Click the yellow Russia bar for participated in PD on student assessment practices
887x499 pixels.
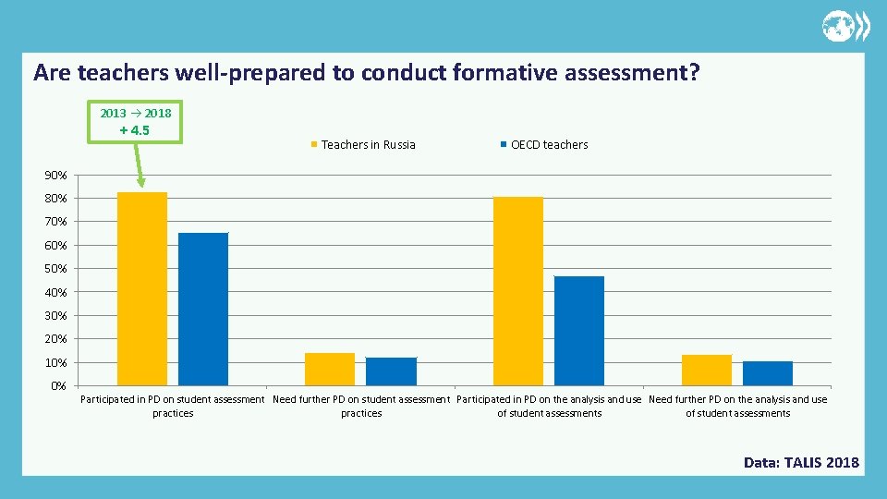tap(142, 288)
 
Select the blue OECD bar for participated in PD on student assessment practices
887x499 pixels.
tap(203, 309)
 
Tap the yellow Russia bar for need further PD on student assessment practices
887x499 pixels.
tap(330, 369)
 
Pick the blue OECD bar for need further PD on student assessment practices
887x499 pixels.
tap(391, 371)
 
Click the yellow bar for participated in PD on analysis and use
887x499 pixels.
tap(518, 291)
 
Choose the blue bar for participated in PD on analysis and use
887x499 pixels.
tap(579, 331)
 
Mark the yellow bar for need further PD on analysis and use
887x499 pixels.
tap(707, 370)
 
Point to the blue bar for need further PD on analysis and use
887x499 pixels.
tap(768, 373)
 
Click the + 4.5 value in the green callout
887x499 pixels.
tap(135, 130)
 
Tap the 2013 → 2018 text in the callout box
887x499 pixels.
tap(136, 113)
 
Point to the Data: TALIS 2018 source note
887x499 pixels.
tap(801, 462)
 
